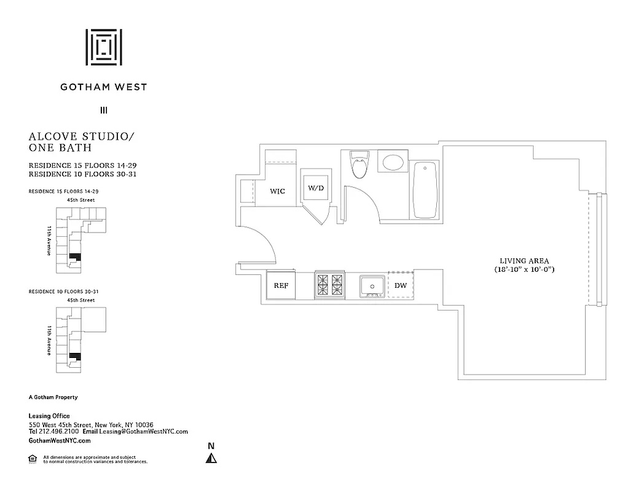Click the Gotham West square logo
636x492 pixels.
tap(103, 47)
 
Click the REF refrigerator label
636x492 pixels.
tap(281, 285)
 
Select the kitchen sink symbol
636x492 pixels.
tap(372, 286)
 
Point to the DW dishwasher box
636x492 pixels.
tap(400, 285)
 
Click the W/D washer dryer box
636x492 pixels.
tap(316, 188)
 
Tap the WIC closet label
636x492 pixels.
tap(278, 191)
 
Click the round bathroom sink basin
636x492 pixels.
tap(393, 163)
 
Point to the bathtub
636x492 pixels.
tap(425, 189)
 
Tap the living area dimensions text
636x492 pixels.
tap(524, 270)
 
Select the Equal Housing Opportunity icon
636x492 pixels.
tap(33, 458)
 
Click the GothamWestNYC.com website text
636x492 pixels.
tap(60, 440)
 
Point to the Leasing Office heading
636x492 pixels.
tap(49, 416)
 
